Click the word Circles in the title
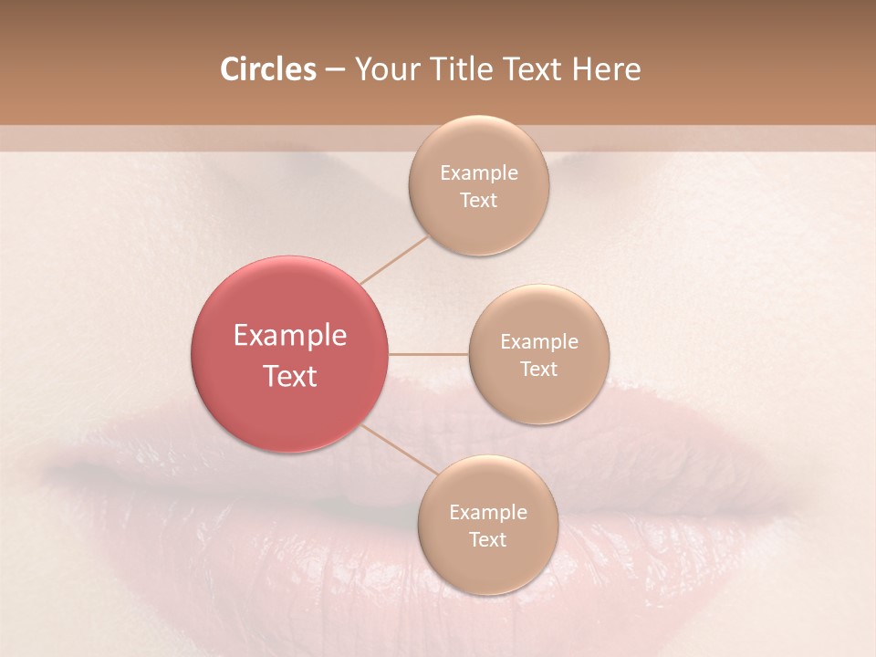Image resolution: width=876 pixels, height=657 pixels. click(268, 69)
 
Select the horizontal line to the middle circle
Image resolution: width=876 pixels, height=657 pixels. click(429, 354)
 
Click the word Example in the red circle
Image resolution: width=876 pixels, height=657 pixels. click(290, 336)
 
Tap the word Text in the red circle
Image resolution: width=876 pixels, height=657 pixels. click(290, 376)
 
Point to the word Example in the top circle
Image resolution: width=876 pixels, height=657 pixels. click(479, 173)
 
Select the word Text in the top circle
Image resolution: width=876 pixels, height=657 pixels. click(479, 201)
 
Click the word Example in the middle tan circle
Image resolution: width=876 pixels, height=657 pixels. click(539, 342)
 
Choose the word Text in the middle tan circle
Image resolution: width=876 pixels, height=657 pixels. click(539, 370)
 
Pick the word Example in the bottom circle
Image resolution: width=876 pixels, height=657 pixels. click(488, 513)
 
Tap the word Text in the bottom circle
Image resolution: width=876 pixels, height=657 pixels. click(488, 540)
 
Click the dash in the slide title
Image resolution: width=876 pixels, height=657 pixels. click(335, 70)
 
